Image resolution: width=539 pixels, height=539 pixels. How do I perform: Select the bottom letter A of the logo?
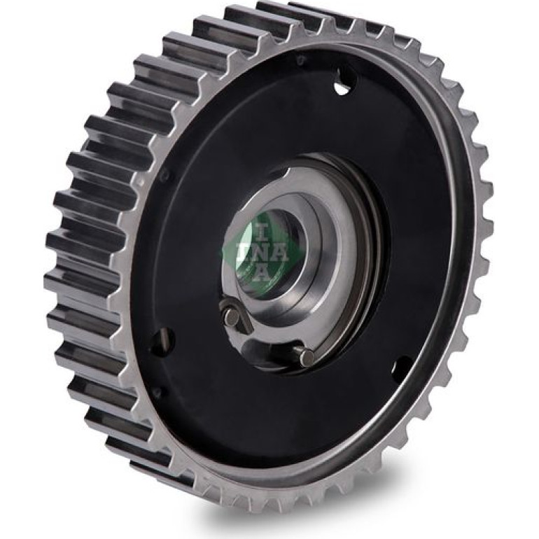pyautogui.click(x=261, y=272)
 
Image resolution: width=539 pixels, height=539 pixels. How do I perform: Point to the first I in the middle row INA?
pyautogui.click(x=241, y=251)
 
